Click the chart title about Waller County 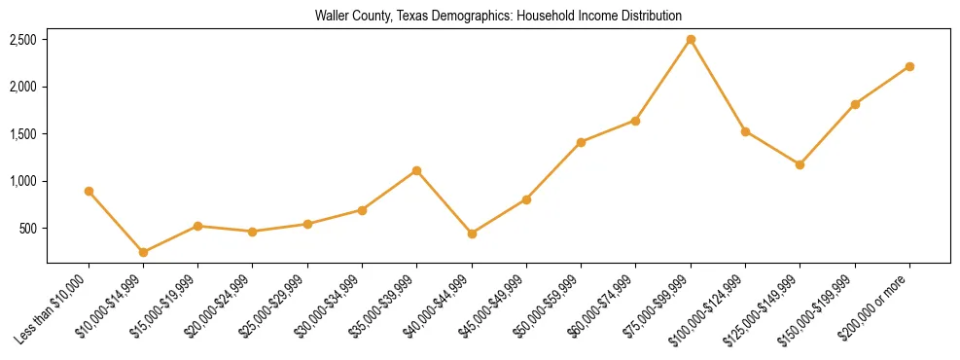click(498, 16)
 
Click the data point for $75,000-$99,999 click(691, 40)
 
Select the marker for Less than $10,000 click(89, 192)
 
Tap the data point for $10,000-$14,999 click(143, 252)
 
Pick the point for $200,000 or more click(909, 66)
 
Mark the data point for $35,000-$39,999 click(416, 170)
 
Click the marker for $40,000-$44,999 click(472, 234)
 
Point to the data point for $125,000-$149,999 click(800, 164)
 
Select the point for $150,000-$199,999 click(855, 104)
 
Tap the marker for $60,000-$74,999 click(635, 121)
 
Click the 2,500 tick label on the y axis click(23, 40)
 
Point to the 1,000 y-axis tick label click(23, 181)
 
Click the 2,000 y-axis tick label click(23, 87)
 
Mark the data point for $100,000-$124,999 click(745, 131)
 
